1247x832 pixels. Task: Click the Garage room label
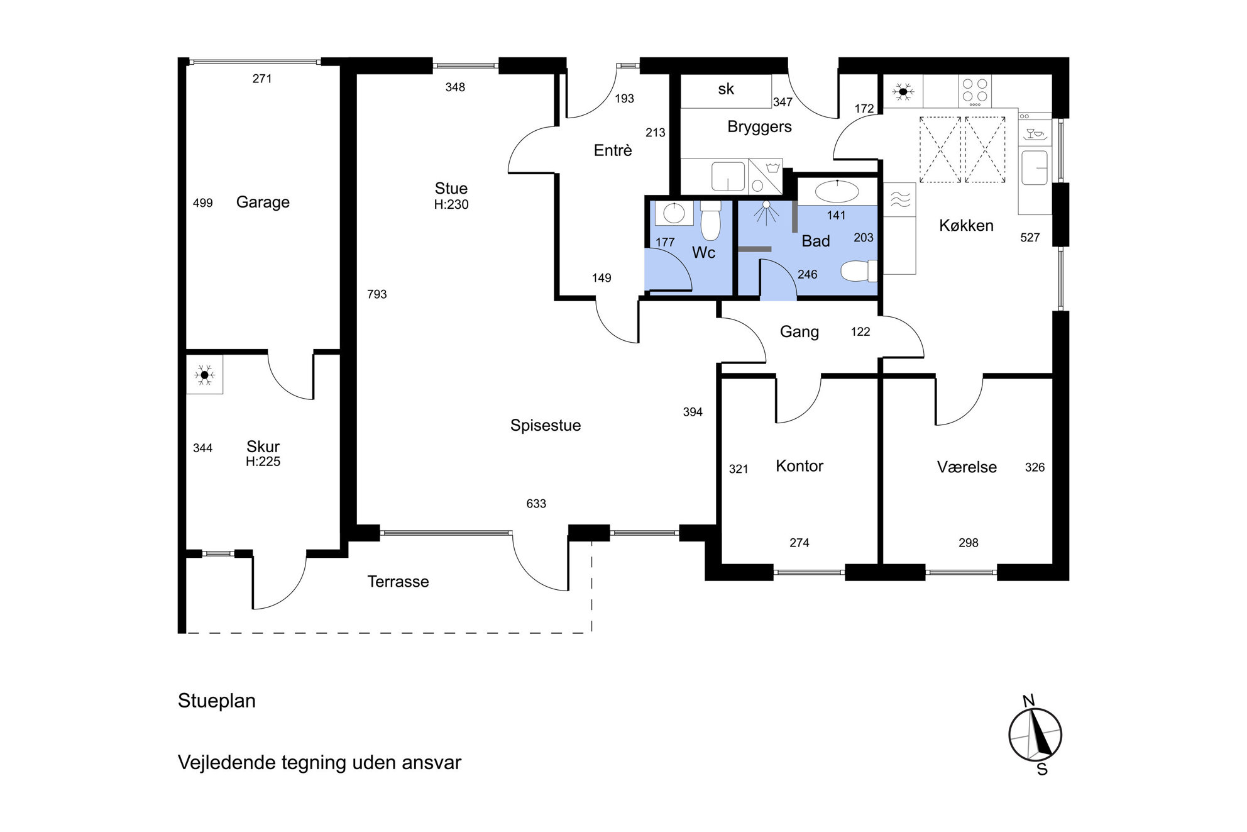(x=263, y=202)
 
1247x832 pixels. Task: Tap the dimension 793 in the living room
(x=377, y=294)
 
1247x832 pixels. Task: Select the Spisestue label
(x=546, y=426)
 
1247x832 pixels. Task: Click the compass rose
(x=1035, y=735)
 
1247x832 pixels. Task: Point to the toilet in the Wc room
(x=710, y=221)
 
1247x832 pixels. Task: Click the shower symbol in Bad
(x=766, y=213)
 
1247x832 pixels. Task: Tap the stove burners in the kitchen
(x=974, y=91)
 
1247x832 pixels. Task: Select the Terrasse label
(x=398, y=582)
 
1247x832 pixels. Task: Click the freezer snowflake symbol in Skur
(x=204, y=375)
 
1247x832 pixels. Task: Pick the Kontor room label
(x=799, y=466)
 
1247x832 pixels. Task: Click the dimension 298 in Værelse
(x=969, y=543)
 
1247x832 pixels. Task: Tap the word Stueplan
(x=217, y=701)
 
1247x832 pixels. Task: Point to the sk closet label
(x=726, y=89)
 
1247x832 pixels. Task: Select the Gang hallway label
(x=799, y=332)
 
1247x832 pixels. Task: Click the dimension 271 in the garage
(x=262, y=79)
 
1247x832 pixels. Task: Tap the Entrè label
(x=613, y=150)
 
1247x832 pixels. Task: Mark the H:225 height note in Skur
(x=263, y=462)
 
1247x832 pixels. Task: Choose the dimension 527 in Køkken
(x=1030, y=238)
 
